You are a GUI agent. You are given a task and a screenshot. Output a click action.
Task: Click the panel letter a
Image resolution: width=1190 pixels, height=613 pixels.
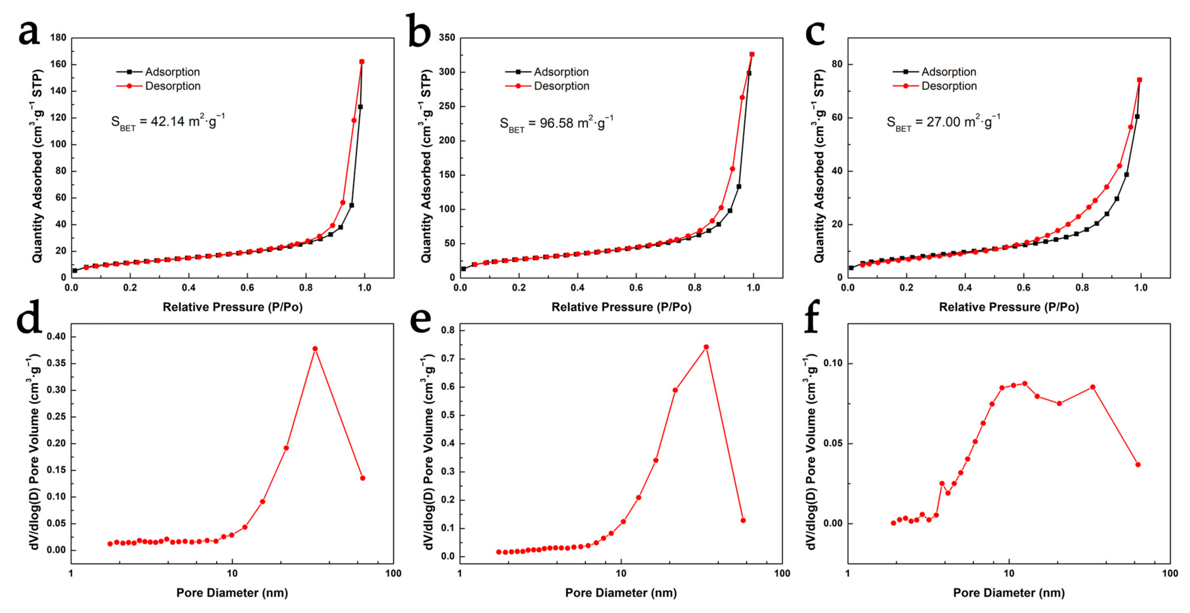click(29, 33)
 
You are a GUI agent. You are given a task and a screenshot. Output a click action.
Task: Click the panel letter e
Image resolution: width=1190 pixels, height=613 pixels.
click(420, 320)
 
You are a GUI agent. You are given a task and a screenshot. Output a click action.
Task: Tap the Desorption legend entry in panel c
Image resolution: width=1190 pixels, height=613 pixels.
click(949, 86)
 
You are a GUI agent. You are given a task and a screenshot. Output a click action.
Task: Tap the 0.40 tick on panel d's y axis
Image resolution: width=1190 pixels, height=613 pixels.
click(56, 337)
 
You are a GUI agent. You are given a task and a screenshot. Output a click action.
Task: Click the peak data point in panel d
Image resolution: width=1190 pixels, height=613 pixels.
click(315, 348)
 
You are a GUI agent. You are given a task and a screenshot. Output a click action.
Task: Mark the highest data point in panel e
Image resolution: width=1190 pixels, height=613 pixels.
click(706, 347)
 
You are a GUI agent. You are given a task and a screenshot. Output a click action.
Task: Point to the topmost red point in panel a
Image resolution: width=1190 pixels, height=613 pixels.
click(362, 61)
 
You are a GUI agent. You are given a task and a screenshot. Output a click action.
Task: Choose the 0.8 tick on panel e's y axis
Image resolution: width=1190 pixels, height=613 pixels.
click(448, 330)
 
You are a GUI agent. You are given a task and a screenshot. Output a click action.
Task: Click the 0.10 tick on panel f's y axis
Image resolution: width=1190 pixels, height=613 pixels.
click(833, 363)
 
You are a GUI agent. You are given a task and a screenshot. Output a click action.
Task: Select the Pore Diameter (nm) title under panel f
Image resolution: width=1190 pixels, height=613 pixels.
click(1008, 593)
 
